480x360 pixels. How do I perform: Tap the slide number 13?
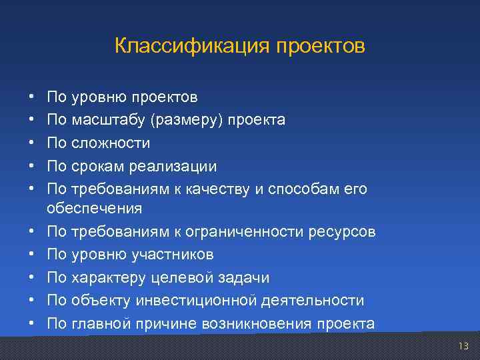pyautogui.click(x=463, y=345)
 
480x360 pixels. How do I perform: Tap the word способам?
pyautogui.click(x=297, y=189)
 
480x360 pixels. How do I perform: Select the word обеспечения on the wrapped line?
pyautogui.click(x=94, y=208)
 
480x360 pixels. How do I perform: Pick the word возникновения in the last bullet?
pyautogui.click(x=267, y=324)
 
